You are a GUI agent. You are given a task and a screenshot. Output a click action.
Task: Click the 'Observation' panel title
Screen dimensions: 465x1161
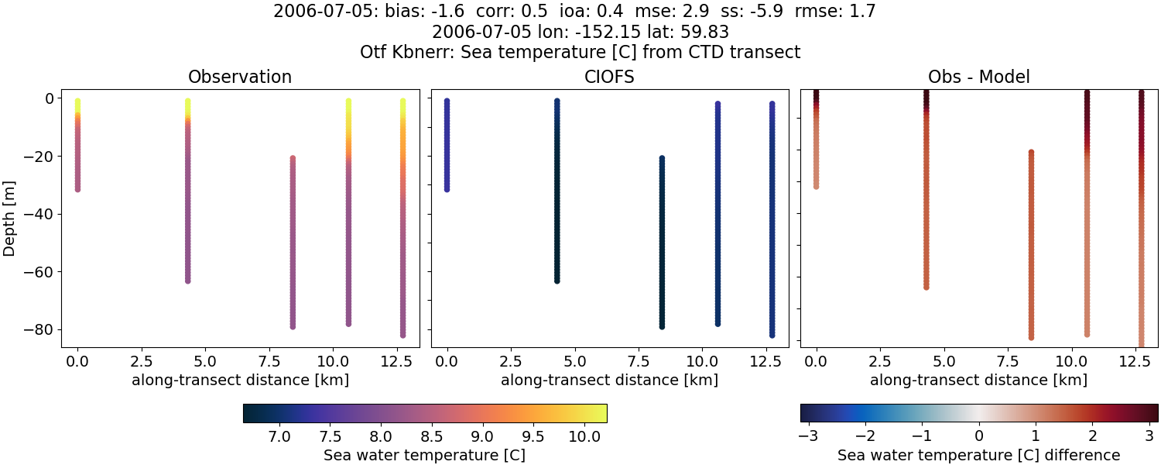click(240, 77)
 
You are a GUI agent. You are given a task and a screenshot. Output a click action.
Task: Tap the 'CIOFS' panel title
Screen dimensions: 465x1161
click(609, 77)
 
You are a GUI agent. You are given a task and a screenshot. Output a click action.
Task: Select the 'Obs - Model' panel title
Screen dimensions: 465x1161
click(978, 77)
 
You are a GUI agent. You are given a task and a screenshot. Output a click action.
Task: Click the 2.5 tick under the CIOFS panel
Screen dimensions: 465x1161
click(510, 361)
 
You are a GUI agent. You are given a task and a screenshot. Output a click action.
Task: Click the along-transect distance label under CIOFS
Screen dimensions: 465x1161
click(609, 380)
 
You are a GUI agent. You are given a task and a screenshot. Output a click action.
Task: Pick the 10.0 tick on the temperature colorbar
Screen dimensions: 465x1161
click(584, 436)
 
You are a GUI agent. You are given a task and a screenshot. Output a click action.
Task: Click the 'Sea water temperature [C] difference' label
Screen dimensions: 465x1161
click(978, 455)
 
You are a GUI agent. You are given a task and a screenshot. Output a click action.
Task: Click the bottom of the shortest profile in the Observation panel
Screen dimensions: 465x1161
click(77, 188)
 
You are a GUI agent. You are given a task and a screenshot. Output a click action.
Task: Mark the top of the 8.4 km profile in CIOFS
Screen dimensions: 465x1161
click(662, 159)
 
